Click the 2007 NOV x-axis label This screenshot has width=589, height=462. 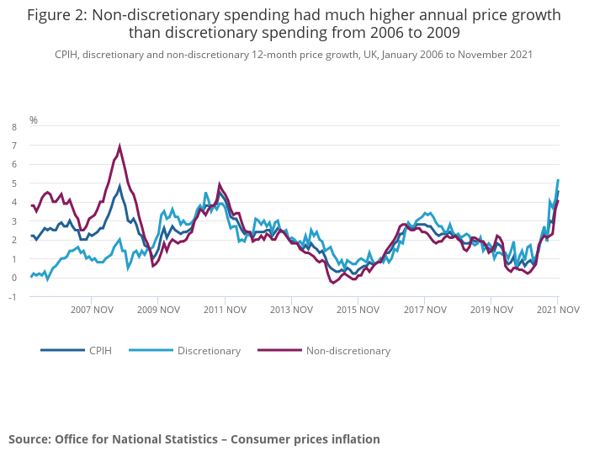click(x=93, y=310)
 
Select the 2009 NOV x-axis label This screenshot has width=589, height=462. click(x=159, y=310)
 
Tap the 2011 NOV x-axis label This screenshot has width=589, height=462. click(x=225, y=310)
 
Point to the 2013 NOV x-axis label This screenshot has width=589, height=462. click(x=291, y=310)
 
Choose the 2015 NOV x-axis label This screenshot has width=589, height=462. click(x=358, y=310)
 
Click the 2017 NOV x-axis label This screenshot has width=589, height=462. click(x=424, y=310)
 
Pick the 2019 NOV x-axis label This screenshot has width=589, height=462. click(x=491, y=310)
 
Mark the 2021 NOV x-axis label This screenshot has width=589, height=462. click(x=557, y=310)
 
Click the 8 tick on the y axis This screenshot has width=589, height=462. click(x=13, y=127)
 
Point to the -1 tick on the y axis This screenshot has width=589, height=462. click(x=12, y=297)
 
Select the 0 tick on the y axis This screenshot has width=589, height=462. click(x=13, y=278)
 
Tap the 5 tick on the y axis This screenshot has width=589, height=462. click(x=13, y=183)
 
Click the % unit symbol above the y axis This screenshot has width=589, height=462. click(x=34, y=120)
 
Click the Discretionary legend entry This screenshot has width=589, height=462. click(x=209, y=350)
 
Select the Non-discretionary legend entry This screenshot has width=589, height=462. click(x=348, y=350)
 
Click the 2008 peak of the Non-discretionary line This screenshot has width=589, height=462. click(x=119, y=146)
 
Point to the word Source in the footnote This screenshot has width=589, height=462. click(x=29, y=439)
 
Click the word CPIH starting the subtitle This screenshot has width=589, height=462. click(x=68, y=54)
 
